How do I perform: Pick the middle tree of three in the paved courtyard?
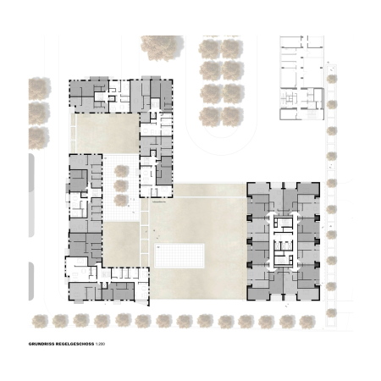pos(122,185)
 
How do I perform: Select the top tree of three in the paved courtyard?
pos(122,171)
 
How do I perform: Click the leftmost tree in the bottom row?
pos(37,320)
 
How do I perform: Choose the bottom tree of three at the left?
pos(38,131)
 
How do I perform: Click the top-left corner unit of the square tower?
pos(258,193)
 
